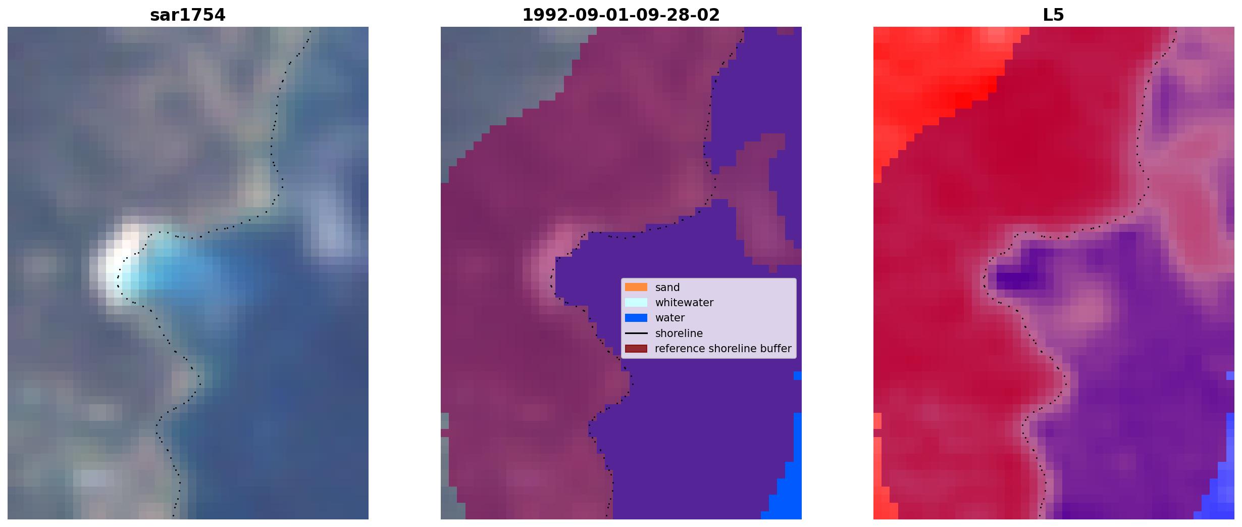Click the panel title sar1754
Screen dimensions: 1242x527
[187, 15]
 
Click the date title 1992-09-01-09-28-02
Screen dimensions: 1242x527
[620, 15]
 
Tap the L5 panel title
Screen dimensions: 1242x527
[1053, 15]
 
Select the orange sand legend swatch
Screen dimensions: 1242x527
[636, 287]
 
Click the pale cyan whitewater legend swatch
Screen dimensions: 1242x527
[636, 302]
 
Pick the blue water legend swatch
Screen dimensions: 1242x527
[636, 318]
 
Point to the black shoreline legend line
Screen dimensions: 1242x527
[636, 333]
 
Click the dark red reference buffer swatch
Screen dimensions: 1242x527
[636, 349]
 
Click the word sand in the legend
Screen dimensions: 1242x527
[667, 288]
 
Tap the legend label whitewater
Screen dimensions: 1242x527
[684, 303]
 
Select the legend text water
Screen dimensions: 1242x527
[670, 318]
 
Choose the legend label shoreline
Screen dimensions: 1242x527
[679, 333]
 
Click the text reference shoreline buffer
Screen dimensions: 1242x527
[723, 349]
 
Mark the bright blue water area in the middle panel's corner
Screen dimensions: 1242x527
[788, 485]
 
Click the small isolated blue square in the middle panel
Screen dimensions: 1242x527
[798, 376]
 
